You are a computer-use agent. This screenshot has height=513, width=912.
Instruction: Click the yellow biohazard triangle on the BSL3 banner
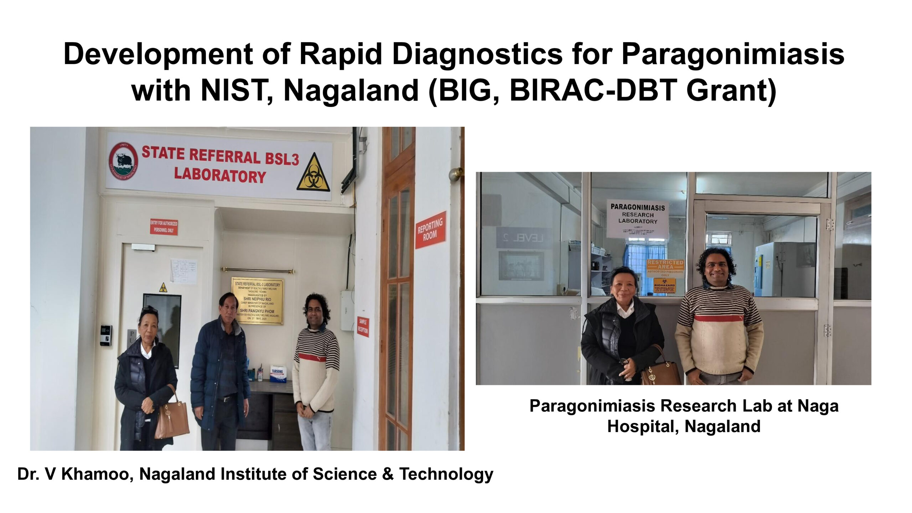(x=313, y=173)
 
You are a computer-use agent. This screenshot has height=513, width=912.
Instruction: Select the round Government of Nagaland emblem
(x=124, y=161)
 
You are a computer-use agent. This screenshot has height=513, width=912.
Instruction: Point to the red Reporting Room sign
(x=430, y=230)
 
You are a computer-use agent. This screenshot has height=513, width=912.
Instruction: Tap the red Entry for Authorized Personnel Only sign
(x=164, y=227)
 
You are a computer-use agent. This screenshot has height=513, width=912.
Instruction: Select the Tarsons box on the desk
(x=278, y=373)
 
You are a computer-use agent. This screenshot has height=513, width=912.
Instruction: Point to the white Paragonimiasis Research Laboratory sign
(x=637, y=218)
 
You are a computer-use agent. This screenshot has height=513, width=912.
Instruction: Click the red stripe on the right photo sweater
(x=719, y=318)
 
